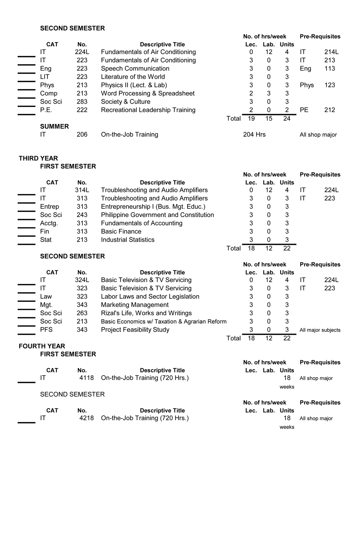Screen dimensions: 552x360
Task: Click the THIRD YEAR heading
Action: [x=38, y=158]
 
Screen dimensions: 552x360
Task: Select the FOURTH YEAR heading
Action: [x=42, y=346]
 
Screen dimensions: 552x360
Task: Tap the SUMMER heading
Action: [x=54, y=126]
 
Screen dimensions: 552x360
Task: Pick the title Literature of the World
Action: [x=133, y=77]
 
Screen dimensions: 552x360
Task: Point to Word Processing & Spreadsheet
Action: [x=148, y=93]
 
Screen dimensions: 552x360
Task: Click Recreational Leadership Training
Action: [x=148, y=110]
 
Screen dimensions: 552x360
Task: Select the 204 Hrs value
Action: [x=254, y=135]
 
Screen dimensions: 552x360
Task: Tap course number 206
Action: [x=82, y=135]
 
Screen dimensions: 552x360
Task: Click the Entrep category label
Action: [x=49, y=207]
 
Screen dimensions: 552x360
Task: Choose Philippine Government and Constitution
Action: [x=157, y=215]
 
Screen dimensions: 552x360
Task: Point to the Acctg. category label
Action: [x=49, y=223]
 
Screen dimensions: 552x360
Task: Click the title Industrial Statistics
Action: [x=127, y=240]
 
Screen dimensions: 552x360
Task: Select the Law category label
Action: [x=46, y=297]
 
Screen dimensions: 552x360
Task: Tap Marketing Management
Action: [x=135, y=305]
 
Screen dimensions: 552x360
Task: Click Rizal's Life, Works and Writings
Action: [x=146, y=313]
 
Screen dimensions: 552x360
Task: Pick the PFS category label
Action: [x=46, y=330]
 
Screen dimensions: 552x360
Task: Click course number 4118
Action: [x=86, y=378]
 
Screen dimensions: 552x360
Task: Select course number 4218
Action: [x=86, y=418]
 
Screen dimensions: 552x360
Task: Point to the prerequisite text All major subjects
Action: [x=320, y=330]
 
